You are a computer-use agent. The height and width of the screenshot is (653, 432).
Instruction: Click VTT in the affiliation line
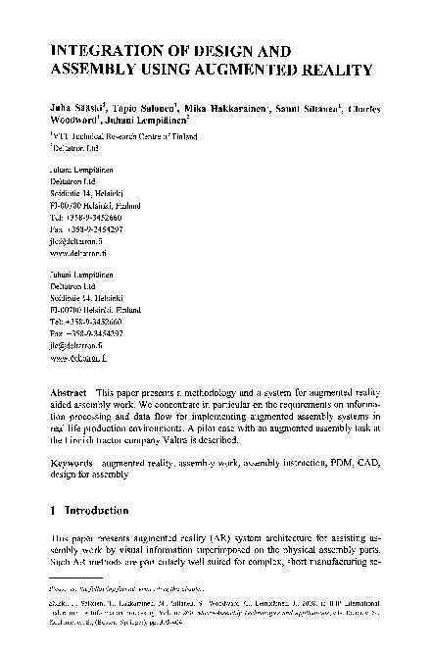click(62, 128)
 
